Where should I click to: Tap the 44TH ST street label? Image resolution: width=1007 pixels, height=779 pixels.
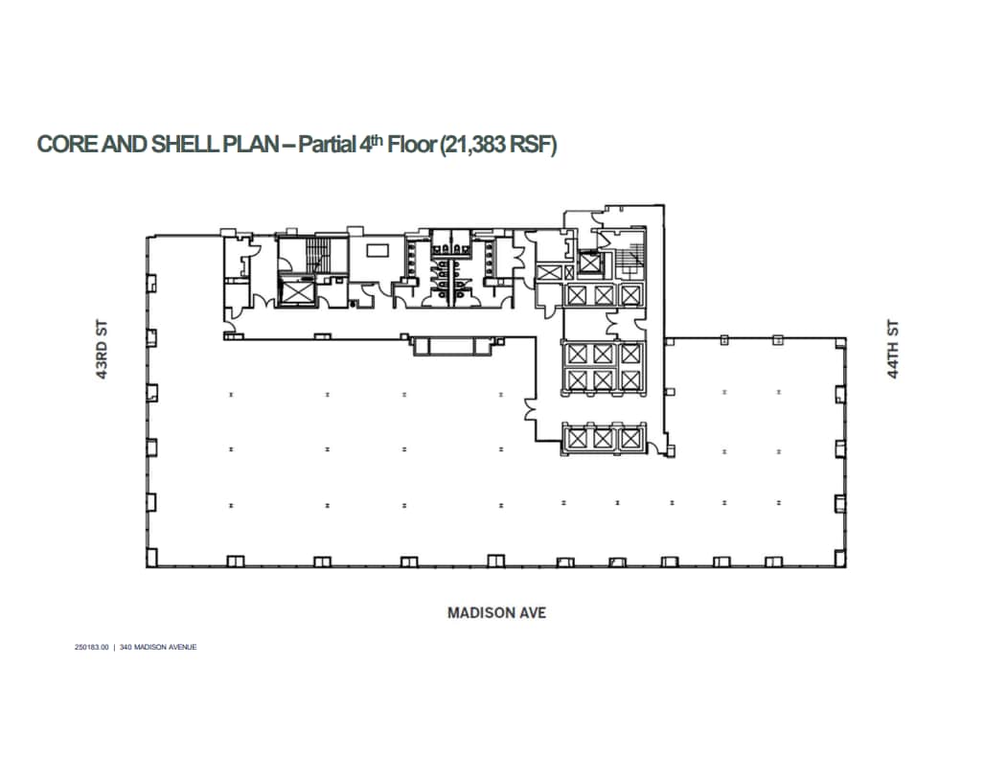[894, 351]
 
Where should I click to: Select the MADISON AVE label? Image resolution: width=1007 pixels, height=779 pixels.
[496, 612]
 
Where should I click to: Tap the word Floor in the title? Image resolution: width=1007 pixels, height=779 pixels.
[409, 145]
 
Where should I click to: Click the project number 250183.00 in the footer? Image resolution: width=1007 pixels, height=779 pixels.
[92, 647]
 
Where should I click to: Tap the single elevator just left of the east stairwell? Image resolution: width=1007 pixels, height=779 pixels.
[588, 262]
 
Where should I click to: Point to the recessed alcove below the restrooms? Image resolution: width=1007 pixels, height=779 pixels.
[455, 345]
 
